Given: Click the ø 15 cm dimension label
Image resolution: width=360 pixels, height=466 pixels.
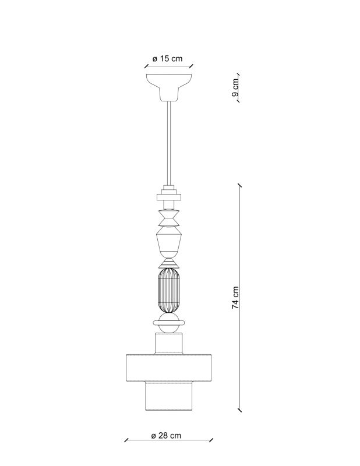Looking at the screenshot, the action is click(167, 59).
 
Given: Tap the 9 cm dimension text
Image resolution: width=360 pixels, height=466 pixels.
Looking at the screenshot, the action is click(235, 88).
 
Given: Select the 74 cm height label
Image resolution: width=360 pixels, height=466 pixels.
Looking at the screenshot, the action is click(235, 298).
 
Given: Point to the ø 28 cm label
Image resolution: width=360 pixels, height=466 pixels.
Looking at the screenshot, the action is click(166, 436).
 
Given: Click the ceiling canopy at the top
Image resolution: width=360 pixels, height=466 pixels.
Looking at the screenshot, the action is click(169, 87).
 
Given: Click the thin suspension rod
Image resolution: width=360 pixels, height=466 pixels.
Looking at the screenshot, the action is click(169, 143).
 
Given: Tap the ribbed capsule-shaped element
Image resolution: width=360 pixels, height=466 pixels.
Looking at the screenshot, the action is click(169, 291).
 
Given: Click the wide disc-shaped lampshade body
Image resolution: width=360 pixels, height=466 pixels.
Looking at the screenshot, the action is click(169, 368).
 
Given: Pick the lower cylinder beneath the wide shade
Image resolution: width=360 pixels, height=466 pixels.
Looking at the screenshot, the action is click(169, 397).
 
